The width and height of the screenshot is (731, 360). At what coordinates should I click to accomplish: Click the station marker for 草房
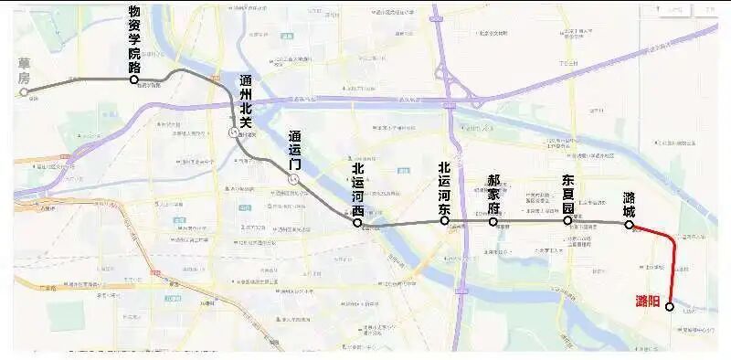click(25, 91)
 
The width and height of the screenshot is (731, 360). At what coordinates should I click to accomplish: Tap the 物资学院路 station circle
click(134, 79)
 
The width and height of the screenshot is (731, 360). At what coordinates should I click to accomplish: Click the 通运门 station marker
click(292, 180)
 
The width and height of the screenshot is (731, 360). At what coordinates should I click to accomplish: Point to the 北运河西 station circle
click(357, 222)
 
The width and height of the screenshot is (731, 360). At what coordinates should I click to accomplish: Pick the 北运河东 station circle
click(444, 221)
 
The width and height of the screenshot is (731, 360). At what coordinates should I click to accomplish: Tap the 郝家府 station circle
click(493, 221)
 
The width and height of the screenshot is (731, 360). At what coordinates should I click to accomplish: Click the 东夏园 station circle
click(567, 220)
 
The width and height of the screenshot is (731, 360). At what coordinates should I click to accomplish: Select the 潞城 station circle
click(629, 224)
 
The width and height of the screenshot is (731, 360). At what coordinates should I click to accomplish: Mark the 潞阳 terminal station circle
click(670, 307)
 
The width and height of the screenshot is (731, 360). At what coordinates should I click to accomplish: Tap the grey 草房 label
click(25, 71)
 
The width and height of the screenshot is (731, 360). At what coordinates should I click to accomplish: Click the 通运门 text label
click(293, 152)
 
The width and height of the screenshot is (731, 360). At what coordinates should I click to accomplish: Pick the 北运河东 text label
click(444, 187)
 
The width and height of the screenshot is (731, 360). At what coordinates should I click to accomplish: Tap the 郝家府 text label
click(493, 195)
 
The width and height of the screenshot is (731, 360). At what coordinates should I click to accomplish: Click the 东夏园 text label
click(567, 194)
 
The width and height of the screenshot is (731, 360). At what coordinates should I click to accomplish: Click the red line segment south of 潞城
click(675, 265)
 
